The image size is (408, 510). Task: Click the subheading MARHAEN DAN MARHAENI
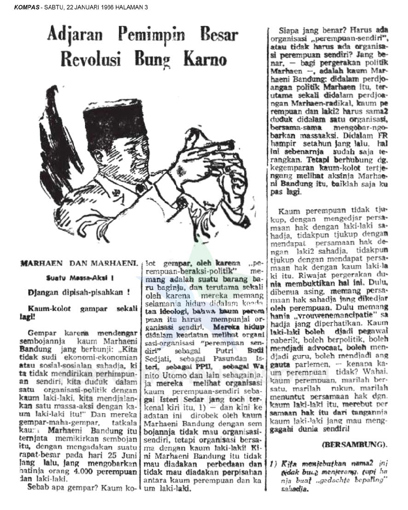(x=79, y=263)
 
